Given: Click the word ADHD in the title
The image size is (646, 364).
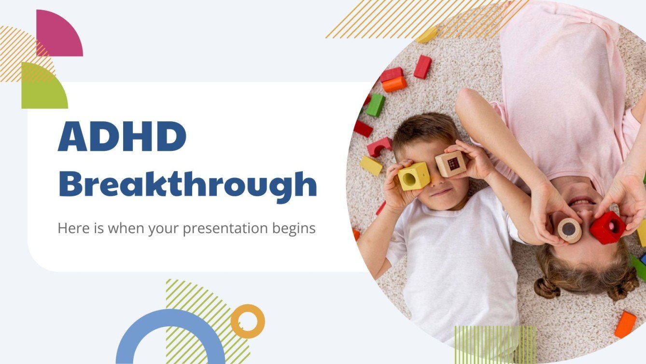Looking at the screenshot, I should coord(122,137).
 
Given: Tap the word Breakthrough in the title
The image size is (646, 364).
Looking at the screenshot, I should coord(187,185).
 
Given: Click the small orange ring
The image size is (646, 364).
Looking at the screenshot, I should coord(248,321).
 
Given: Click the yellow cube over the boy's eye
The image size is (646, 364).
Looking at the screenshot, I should coord(414,176).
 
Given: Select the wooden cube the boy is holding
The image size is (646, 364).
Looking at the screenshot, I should coord(450,164).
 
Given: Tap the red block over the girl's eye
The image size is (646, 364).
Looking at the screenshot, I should coord(608,227).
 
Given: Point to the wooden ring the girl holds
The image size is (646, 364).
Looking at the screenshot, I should coord(570,230).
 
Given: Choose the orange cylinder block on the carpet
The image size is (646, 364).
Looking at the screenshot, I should coord(394,84).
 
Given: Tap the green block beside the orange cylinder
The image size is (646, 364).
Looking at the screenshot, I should coord(375,105).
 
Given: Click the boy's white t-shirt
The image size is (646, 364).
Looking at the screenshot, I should coord(454,271).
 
